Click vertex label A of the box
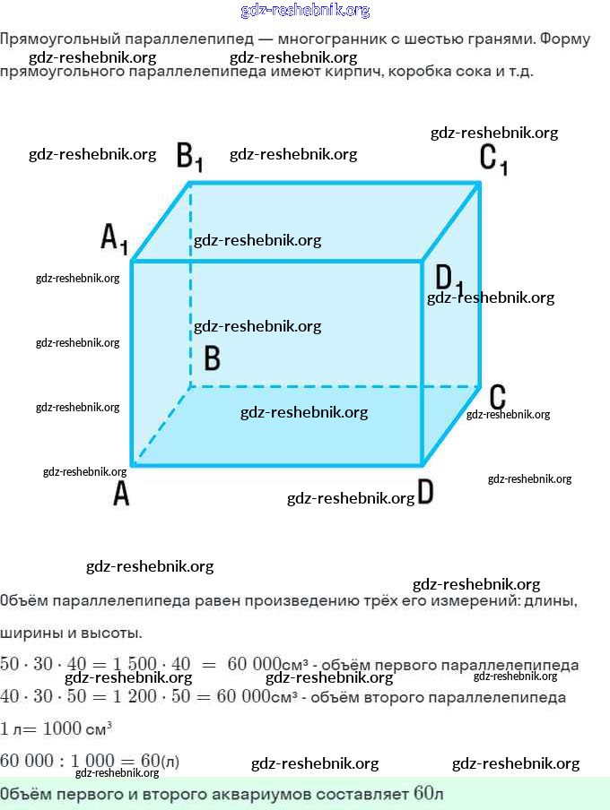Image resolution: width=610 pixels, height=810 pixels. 121,493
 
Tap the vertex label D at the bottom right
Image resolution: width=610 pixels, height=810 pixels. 426,493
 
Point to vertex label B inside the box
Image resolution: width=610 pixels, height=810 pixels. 212,358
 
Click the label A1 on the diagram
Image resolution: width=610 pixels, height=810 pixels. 114,238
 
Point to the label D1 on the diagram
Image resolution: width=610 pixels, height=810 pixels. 449,279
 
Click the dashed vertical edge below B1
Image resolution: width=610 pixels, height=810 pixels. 190,296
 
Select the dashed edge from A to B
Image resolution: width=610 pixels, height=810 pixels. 161,425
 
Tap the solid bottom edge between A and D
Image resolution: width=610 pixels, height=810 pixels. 278,464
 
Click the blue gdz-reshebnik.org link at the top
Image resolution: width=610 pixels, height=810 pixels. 305,11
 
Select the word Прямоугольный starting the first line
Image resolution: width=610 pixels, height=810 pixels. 53,40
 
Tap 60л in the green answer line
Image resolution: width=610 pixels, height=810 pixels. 429,794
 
